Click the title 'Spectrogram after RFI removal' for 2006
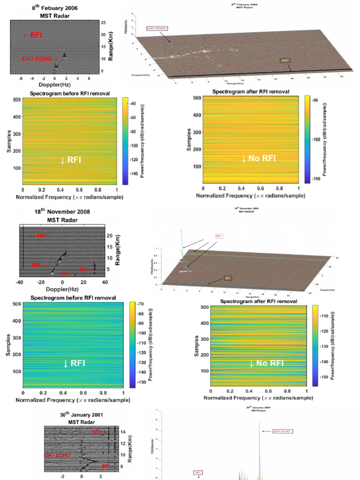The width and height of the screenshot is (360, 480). pyautogui.click(x=250, y=91)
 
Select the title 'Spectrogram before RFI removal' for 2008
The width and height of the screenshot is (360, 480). pyautogui.click(x=70, y=298)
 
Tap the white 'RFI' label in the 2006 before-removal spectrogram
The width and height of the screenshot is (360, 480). pyautogui.click(x=71, y=160)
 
